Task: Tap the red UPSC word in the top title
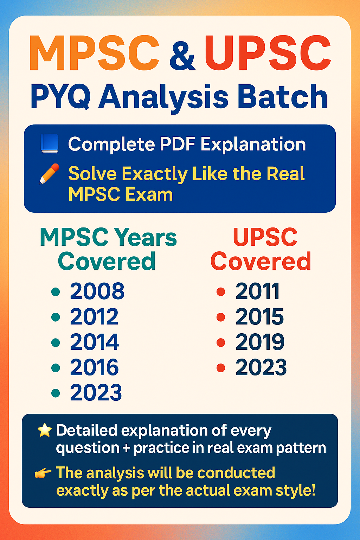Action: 268,53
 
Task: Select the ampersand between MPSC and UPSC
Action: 182,54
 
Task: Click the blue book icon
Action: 49,144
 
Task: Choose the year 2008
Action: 97,291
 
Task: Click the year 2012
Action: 94,316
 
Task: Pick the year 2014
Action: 94,342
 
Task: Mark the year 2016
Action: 94,367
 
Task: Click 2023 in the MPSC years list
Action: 96,393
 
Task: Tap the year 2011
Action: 257,291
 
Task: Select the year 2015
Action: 259,316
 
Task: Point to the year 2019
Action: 260,342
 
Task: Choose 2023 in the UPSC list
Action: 261,367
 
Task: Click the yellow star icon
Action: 45,430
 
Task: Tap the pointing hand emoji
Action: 43,473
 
